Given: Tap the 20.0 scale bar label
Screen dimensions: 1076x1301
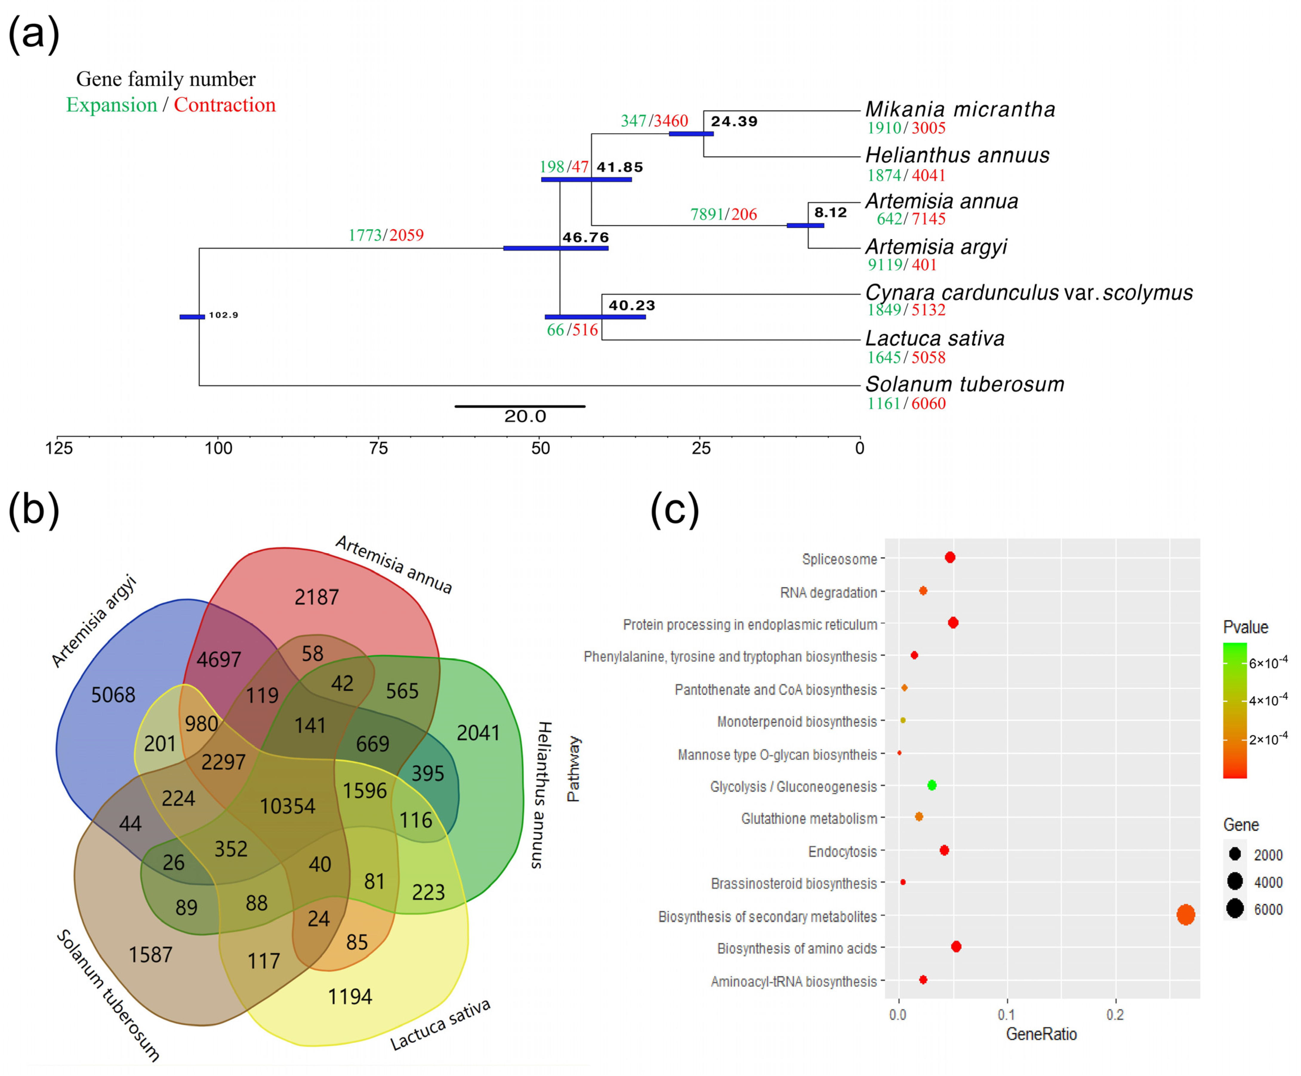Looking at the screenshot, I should tap(525, 416).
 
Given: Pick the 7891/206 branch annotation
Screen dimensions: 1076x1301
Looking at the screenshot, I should tap(723, 215).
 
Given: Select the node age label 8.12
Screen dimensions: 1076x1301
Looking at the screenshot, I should tap(830, 213).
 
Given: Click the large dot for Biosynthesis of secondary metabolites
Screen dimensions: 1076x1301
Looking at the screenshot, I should tap(1185, 915).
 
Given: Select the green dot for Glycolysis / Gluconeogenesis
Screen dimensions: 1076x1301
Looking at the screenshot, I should tap(931, 785).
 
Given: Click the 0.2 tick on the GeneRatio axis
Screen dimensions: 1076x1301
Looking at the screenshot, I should tap(1115, 1015).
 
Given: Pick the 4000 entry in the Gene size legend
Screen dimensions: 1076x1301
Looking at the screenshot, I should tap(1268, 882).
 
